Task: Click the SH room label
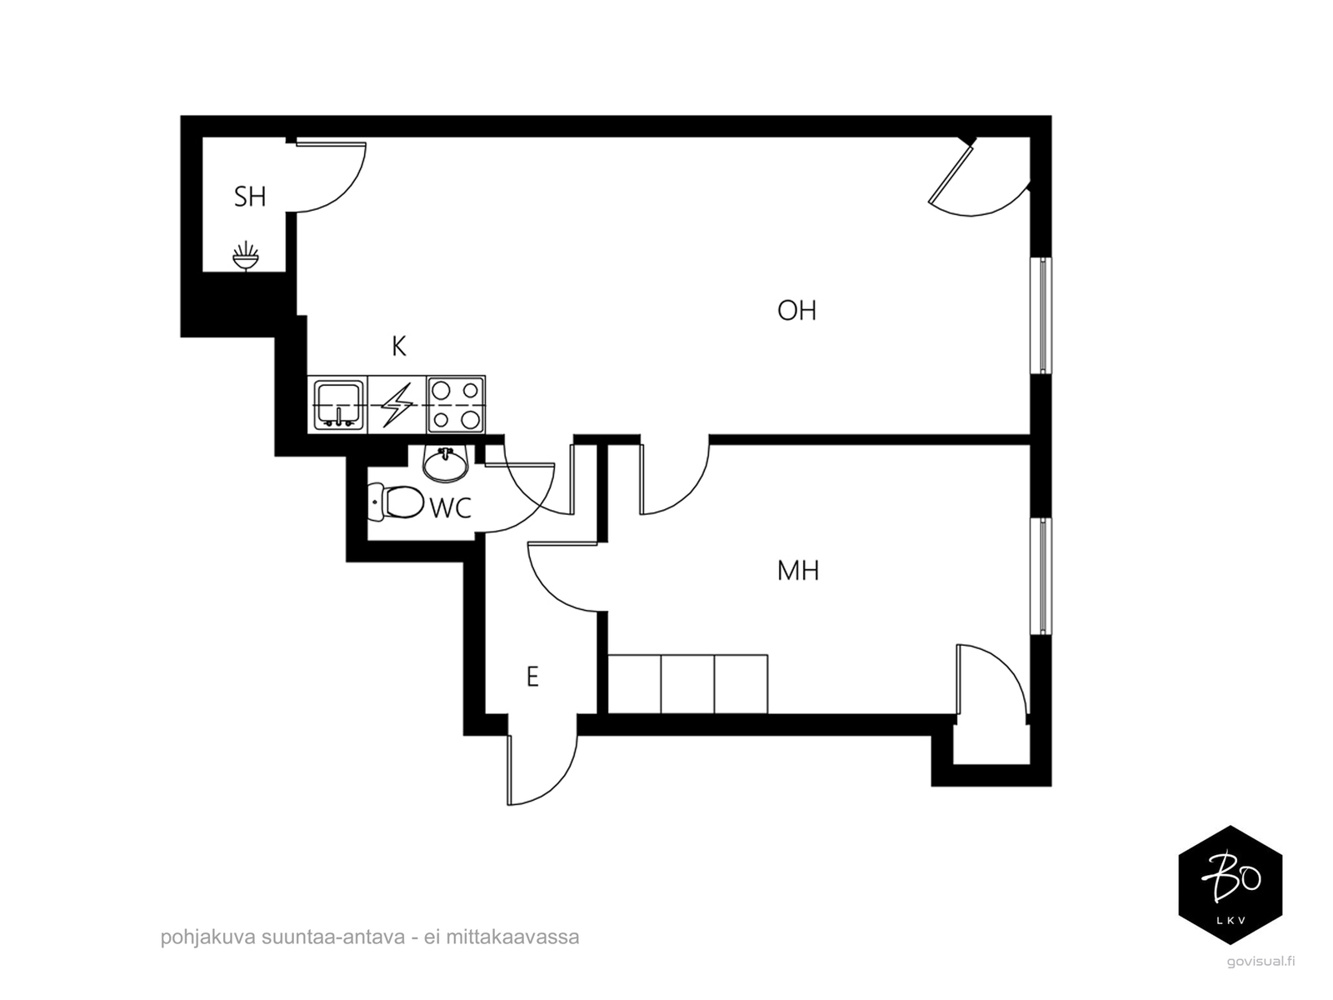pos(250,197)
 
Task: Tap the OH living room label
pos(796,310)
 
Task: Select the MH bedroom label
pos(798,571)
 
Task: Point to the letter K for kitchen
pos(399,346)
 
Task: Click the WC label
pos(451,507)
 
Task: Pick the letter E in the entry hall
pos(532,677)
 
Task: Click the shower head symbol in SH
pos(246,256)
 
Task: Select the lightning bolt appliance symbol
pos(397,404)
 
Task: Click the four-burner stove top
pos(456,404)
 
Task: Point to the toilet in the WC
pos(396,502)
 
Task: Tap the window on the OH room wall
pos(1041,316)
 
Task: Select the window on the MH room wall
pos(1041,576)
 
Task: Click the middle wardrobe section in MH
pos(687,683)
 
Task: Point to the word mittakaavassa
pos(512,937)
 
